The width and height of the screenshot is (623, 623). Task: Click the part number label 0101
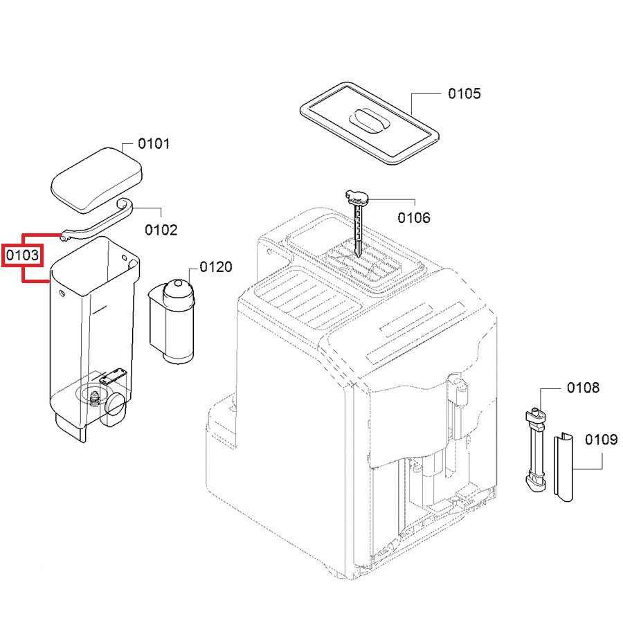coord(154,144)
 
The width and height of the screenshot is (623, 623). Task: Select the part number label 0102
coord(161,230)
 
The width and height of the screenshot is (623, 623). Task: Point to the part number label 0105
coord(464,93)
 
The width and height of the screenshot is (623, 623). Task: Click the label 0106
coord(413,218)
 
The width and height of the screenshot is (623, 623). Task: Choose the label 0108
coord(583,388)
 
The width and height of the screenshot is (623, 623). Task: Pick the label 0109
coord(602,440)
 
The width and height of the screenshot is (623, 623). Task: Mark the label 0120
coord(216,267)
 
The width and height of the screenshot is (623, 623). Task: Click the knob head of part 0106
coord(358,197)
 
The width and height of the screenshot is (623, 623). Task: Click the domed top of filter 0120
coord(178,285)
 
